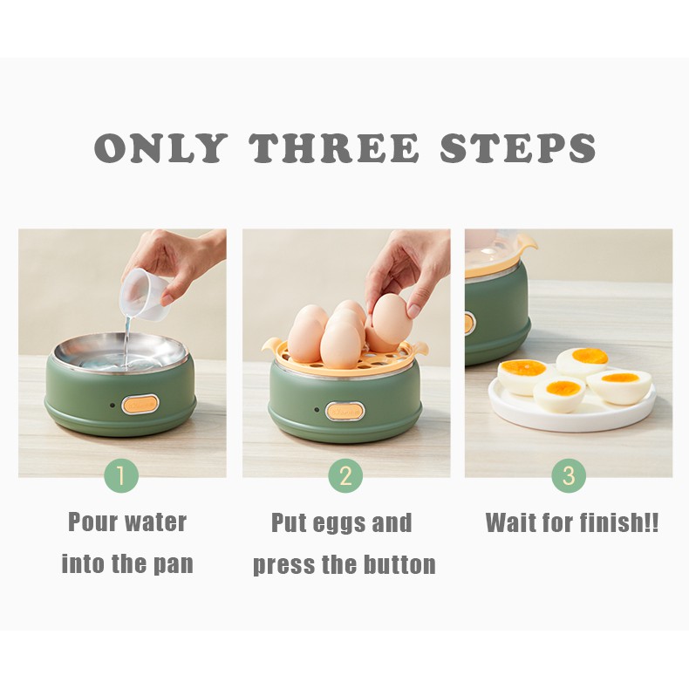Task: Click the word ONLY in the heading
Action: point(160,147)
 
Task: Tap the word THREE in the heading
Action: point(334,147)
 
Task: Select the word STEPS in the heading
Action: point(518,147)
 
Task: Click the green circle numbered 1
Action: point(121,475)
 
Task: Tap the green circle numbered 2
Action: point(346,475)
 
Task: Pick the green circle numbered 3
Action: point(569,475)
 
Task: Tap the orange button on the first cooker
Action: point(140,404)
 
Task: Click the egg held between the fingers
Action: point(392,319)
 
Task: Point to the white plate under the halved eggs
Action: point(571,406)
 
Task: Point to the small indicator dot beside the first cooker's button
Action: point(113,406)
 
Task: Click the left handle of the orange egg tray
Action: point(270,346)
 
